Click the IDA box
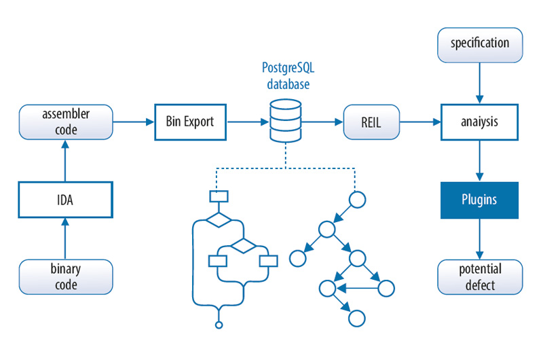click(x=65, y=199)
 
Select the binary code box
click(x=65, y=276)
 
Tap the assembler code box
click(x=65, y=122)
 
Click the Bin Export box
click(x=190, y=122)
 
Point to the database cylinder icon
click(x=286, y=123)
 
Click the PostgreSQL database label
click(x=286, y=76)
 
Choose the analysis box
click(x=480, y=122)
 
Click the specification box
click(x=480, y=43)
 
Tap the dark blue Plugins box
click(x=480, y=200)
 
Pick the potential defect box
click(x=480, y=276)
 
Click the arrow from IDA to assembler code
click(x=65, y=160)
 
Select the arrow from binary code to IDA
click(x=65, y=238)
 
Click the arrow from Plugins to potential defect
click(x=480, y=238)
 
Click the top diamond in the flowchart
click(x=219, y=220)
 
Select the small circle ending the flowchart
click(x=219, y=325)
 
